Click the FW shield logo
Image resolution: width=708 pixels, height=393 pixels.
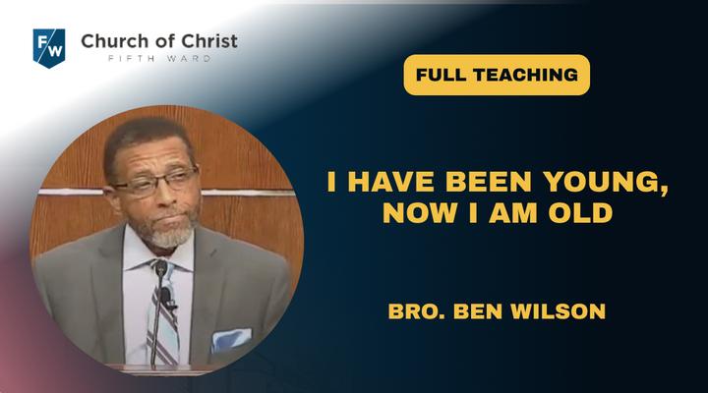49,48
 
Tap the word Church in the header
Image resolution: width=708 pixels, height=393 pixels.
112,41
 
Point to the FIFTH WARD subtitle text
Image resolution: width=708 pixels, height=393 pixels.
159,59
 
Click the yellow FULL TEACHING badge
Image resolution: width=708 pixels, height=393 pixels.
497,75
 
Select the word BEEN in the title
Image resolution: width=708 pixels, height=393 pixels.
488,182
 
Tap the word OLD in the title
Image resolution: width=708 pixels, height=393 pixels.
580,213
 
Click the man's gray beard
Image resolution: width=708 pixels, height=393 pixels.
168,233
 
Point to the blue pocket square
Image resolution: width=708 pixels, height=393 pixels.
231,339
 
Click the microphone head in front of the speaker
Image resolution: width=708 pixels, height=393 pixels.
160,268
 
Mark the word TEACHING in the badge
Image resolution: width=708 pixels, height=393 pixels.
525,75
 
